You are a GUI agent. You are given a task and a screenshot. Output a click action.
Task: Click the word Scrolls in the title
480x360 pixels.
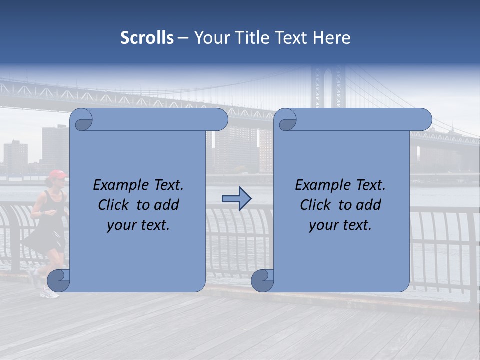pos(147,38)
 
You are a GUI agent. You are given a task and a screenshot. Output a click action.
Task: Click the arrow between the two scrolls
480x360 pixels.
pos(236,199)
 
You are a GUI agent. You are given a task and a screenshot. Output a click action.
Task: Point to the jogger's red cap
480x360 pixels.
pos(57,174)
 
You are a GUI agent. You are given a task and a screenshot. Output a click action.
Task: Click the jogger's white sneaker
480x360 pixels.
pos(50,293)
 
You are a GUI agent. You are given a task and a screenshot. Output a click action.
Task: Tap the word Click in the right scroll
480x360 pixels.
pos(315,205)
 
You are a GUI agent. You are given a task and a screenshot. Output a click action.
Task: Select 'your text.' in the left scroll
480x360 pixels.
pos(138,225)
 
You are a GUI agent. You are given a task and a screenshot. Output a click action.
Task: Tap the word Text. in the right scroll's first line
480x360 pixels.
pos(370,185)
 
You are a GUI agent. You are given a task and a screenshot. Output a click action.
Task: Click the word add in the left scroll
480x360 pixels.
pos(167,205)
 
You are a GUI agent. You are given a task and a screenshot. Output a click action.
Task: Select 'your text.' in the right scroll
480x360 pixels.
pos(340,225)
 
